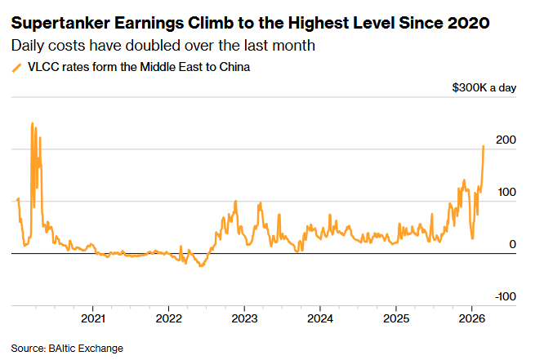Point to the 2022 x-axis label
coord(169,317)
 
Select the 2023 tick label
coord(244,317)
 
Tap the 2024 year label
coord(320,317)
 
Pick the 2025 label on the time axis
coord(395,317)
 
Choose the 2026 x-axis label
coord(471,317)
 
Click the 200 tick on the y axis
coord(506,140)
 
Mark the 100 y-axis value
coord(506,193)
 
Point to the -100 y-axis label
coord(505,296)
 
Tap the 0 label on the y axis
coord(512,244)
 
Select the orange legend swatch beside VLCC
coord(16,68)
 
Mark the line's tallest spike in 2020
coord(32,123)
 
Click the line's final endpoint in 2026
coord(484,146)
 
